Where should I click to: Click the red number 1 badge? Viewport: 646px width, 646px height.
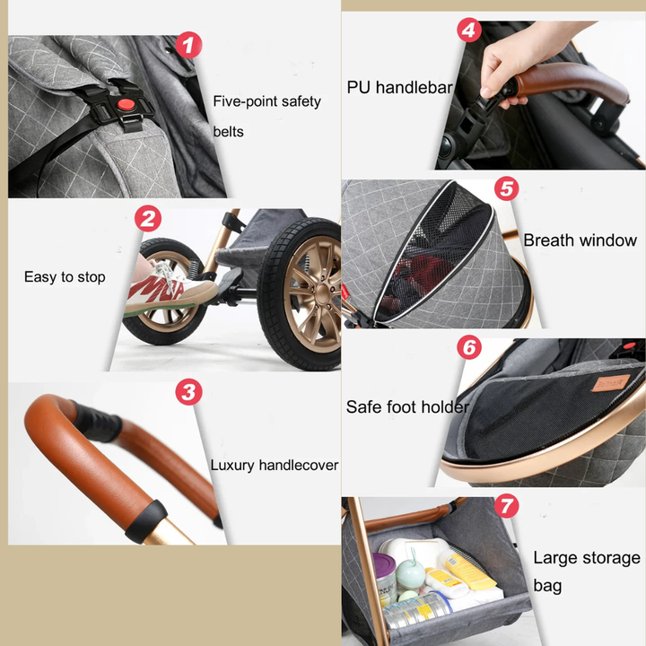[x=188, y=45]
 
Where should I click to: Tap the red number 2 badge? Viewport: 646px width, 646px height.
[x=148, y=218]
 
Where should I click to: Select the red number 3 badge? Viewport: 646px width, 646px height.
[x=188, y=391]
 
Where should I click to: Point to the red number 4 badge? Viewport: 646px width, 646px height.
[x=469, y=30]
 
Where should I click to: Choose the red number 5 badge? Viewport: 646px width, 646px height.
[x=506, y=188]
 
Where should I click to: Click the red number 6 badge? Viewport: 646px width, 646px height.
[x=469, y=347]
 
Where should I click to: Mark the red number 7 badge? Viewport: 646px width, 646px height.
[x=506, y=505]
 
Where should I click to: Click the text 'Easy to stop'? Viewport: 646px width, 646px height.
[x=65, y=277]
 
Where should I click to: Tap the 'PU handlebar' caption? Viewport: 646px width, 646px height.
[x=399, y=87]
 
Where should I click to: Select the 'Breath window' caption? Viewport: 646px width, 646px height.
[x=581, y=240]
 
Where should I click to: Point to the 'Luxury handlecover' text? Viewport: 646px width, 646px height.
[x=275, y=465]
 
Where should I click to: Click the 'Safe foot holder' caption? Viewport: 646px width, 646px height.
[x=407, y=407]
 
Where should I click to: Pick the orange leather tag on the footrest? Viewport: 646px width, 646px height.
[x=610, y=383]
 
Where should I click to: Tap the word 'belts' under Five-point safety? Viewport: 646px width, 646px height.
[x=228, y=132]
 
